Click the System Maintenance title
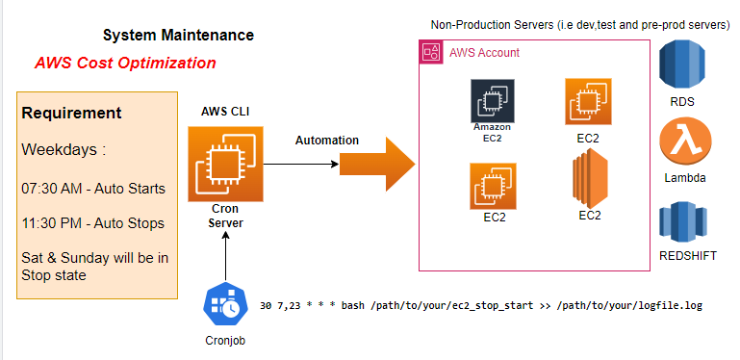[178, 36]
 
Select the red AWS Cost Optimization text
[125, 64]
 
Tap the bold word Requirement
[71, 114]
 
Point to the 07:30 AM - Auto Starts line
[92, 187]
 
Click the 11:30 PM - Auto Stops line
[91, 223]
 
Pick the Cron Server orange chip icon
[224, 163]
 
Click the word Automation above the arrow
[326, 141]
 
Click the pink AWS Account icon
[431, 52]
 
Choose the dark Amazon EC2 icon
[491, 101]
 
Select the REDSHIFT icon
[679, 221]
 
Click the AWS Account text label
[485, 52]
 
